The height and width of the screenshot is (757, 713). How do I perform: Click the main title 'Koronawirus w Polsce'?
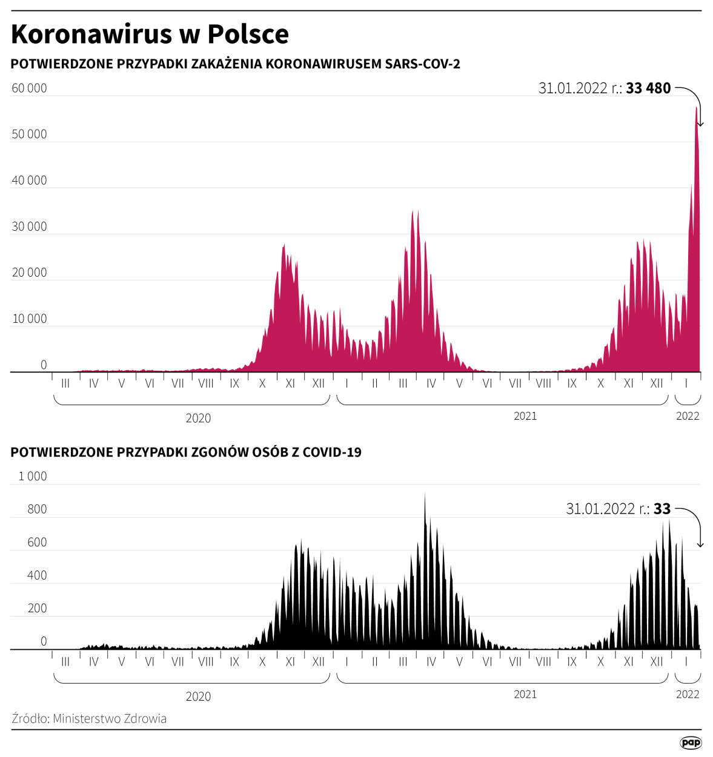click(x=150, y=35)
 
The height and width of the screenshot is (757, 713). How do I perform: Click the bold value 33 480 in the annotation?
click(x=648, y=88)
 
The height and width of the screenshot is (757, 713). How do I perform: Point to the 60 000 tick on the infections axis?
click(x=29, y=88)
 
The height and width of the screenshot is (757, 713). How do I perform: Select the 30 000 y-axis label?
click(x=29, y=226)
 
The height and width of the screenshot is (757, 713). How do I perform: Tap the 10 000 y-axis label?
click(x=29, y=319)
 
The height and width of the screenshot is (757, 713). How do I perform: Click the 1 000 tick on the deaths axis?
click(x=33, y=477)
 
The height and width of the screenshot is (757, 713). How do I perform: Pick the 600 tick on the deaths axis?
click(x=37, y=543)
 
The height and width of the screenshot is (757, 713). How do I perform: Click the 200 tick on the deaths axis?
click(x=37, y=609)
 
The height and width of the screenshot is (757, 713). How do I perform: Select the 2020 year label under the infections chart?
click(x=198, y=418)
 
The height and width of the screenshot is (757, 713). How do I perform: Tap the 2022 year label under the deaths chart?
click(x=688, y=695)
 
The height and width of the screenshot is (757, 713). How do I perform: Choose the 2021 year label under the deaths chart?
click(x=525, y=695)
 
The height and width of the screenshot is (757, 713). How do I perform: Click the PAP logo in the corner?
click(x=691, y=742)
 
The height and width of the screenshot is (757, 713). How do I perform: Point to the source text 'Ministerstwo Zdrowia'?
click(x=109, y=719)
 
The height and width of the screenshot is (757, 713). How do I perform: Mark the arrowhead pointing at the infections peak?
click(x=700, y=124)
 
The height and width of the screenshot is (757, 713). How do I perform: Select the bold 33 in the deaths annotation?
click(x=662, y=509)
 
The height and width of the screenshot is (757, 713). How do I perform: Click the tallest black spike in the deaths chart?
click(x=425, y=495)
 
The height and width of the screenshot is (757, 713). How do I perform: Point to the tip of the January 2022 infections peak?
click(x=696, y=108)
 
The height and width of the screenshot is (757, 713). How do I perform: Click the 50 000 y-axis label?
click(x=29, y=134)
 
